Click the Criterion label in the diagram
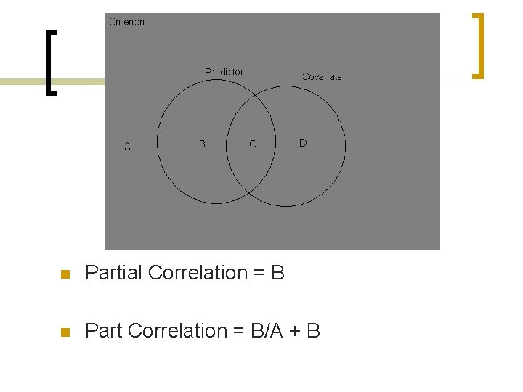click(x=126, y=22)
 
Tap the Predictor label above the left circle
click(x=224, y=72)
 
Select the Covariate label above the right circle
click(x=322, y=76)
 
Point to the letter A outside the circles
click(x=128, y=147)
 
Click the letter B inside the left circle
click(x=202, y=144)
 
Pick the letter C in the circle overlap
click(x=253, y=144)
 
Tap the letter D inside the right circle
click(x=303, y=143)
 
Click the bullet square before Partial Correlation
click(x=64, y=274)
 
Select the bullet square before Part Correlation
click(x=64, y=332)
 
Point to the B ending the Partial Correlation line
click(x=277, y=273)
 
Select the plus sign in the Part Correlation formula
click(x=295, y=332)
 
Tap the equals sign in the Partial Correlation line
click(x=259, y=274)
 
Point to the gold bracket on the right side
click(x=478, y=45)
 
